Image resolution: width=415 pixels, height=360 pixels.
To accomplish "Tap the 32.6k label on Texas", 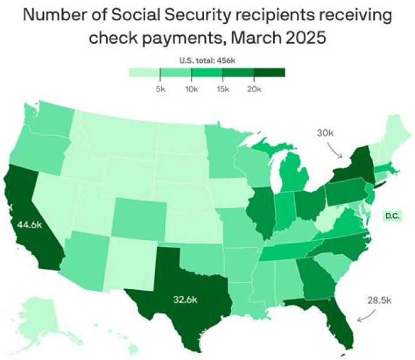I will click(187, 299).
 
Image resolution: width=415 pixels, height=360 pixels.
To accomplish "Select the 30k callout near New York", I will click(326, 133).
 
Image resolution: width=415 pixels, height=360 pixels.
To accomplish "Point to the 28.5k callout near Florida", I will click(380, 300).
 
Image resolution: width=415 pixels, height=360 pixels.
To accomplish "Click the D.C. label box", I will click(393, 216).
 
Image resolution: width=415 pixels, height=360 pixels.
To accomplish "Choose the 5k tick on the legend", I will click(160, 89).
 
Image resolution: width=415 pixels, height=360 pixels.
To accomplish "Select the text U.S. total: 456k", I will click(207, 60).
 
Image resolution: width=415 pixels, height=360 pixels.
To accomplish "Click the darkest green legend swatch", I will click(270, 73).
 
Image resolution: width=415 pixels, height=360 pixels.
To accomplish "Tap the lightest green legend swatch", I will click(144, 73).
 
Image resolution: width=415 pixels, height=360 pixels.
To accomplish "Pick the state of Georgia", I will click(314, 277).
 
